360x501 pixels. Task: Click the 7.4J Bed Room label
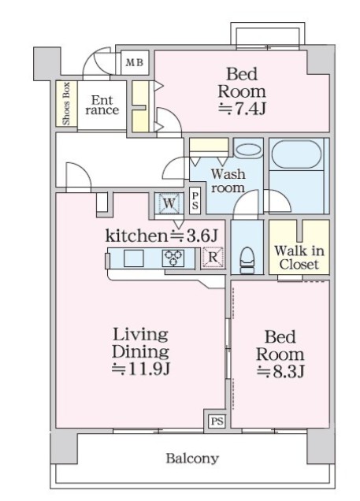click(x=242, y=91)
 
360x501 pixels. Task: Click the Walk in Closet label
click(x=299, y=257)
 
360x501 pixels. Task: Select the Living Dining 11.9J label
click(x=139, y=351)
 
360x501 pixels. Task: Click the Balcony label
click(x=191, y=458)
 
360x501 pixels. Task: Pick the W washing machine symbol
click(x=169, y=203)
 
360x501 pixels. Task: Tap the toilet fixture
click(x=247, y=258)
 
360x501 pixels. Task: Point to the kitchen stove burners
click(x=173, y=257)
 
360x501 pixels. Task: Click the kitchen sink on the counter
click(x=132, y=258)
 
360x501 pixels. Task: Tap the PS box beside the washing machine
click(x=195, y=201)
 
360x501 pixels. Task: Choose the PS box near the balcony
click(x=216, y=421)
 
